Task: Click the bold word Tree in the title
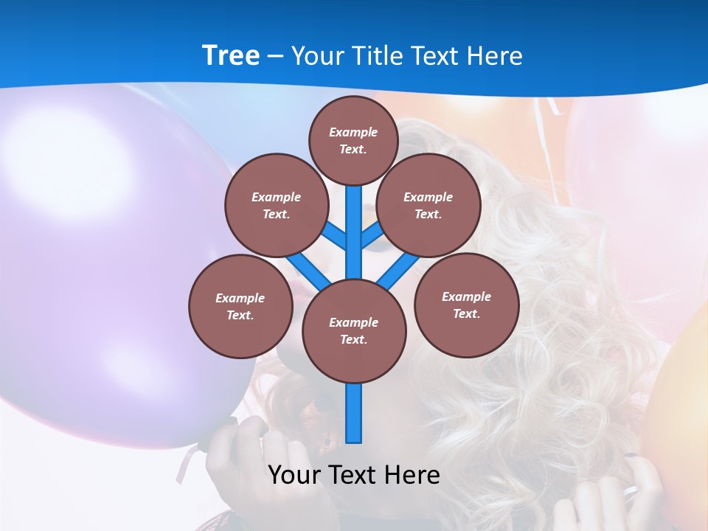[x=230, y=55]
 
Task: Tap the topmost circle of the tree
[x=353, y=140]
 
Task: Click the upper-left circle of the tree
[x=276, y=205]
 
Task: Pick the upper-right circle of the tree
[x=428, y=205]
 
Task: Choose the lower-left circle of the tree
[x=240, y=306]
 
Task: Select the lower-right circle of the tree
[x=466, y=305]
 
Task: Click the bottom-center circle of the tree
[x=354, y=330]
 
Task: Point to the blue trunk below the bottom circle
[x=354, y=413]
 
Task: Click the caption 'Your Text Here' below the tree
[x=354, y=475]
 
